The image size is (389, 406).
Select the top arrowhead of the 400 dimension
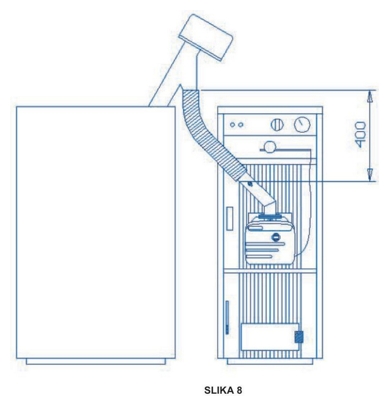[369, 96]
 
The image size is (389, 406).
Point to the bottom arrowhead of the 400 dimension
[369, 175]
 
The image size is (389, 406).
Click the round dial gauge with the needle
[302, 123]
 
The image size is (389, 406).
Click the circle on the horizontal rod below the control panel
[269, 147]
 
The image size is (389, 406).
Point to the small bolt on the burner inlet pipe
[249, 183]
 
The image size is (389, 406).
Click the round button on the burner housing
[275, 237]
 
